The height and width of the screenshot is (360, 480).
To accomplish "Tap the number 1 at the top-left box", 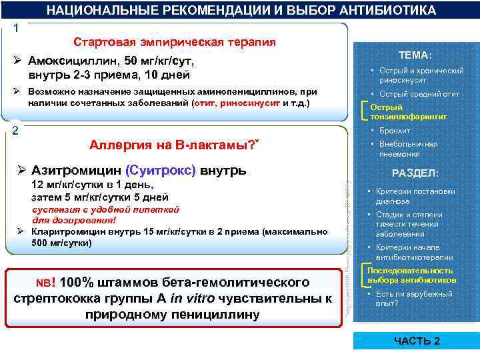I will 16,29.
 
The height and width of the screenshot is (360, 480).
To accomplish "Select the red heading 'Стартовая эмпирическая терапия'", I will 174,43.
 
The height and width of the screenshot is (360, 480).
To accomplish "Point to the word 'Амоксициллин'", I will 72,61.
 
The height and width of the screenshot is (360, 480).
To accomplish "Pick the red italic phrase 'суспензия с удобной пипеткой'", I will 106,209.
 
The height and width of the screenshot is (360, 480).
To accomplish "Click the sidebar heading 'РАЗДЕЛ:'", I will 415,173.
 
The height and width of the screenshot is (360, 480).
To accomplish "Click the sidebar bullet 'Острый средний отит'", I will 419,94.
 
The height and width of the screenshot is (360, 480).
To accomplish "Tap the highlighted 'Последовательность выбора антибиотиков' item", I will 411,275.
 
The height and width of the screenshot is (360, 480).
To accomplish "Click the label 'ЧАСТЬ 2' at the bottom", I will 417,341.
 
